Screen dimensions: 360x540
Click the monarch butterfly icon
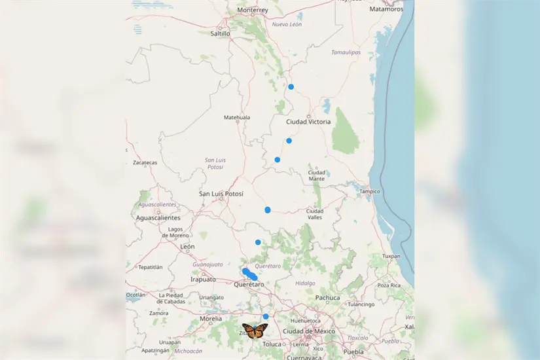pyautogui.click(x=255, y=331)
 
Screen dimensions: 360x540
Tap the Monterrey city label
pyautogui.click(x=253, y=10)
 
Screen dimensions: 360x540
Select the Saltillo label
pyautogui.click(x=220, y=33)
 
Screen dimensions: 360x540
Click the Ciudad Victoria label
pyautogui.click(x=308, y=122)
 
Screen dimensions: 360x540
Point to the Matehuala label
pyautogui.click(x=237, y=117)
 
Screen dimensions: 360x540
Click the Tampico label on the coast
pyautogui.click(x=369, y=191)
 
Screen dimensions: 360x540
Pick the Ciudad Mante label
pyautogui.click(x=317, y=175)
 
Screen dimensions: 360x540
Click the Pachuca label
pyautogui.click(x=327, y=298)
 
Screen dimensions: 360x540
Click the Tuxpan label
pyautogui.click(x=391, y=256)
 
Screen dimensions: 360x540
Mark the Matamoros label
pyautogui.click(x=386, y=9)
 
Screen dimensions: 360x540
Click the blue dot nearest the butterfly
pyautogui.click(x=266, y=316)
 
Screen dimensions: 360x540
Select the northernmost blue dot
pyautogui.click(x=291, y=86)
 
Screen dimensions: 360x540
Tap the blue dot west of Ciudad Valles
pyautogui.click(x=268, y=209)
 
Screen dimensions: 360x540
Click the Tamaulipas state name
pyautogui.click(x=346, y=52)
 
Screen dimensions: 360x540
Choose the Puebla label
pyautogui.click(x=353, y=351)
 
